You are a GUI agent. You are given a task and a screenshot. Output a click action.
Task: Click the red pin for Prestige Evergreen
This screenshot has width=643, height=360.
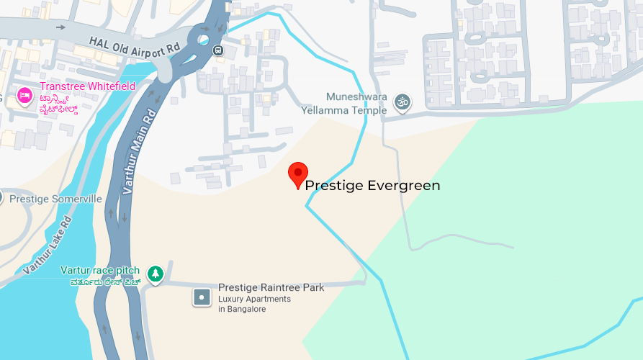(x=298, y=174)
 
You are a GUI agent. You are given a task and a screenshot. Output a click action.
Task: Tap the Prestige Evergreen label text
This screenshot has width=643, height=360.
(x=372, y=186)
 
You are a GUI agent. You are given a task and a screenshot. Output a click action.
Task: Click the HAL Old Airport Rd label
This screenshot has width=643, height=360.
(x=135, y=45)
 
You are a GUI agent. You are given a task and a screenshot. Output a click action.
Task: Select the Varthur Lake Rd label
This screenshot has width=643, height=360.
(x=49, y=245)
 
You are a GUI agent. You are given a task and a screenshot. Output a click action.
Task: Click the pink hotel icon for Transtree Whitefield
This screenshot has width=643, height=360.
(x=25, y=95)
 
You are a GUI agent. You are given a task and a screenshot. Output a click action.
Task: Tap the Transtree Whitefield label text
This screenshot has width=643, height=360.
(x=88, y=86)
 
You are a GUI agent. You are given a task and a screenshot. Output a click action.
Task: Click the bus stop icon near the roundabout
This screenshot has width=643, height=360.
(x=218, y=50)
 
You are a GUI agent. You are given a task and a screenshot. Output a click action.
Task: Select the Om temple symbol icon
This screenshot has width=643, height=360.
(x=401, y=104)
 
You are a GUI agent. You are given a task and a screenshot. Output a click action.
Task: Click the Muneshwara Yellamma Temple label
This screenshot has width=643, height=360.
(x=356, y=103)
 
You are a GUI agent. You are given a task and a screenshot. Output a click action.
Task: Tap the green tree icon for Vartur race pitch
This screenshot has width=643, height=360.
(x=155, y=274)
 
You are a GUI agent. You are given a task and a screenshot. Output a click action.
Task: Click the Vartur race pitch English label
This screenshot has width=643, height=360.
(x=100, y=271)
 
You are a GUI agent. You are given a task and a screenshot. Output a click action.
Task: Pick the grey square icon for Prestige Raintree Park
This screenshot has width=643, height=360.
(x=202, y=297)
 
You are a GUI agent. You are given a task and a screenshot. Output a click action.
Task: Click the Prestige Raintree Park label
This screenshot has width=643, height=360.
(x=271, y=287)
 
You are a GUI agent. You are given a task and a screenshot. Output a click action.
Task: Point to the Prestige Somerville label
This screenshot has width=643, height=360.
(x=56, y=199)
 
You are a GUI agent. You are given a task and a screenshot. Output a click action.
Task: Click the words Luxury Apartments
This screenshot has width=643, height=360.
(x=254, y=299)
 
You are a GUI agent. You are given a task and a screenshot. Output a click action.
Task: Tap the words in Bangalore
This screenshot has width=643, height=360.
(x=242, y=310)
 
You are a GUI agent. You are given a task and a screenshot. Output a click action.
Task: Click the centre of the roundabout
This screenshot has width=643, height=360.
(x=204, y=40)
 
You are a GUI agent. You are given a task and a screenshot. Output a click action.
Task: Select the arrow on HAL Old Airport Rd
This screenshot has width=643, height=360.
(x=60, y=27)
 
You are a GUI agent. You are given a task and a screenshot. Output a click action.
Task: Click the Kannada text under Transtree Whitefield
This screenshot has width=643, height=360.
(x=69, y=102)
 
